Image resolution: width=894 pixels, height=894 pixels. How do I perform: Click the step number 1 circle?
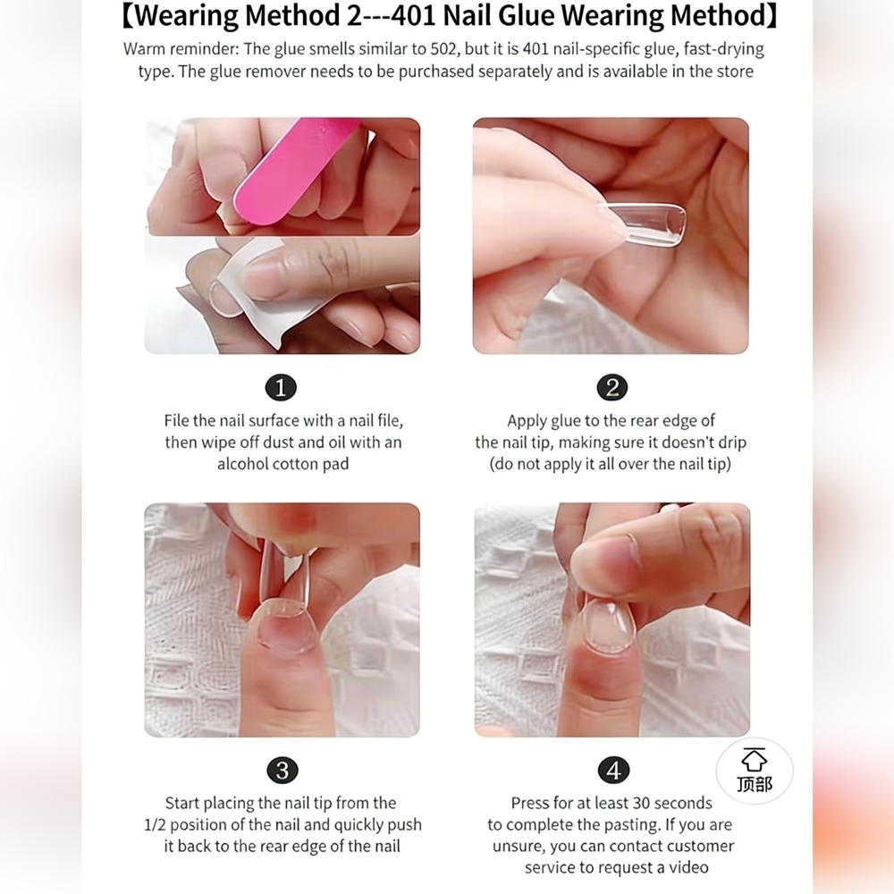click(x=281, y=387)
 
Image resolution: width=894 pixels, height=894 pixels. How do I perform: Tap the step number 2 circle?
click(x=612, y=387)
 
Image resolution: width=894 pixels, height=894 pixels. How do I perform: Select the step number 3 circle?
click(x=283, y=771)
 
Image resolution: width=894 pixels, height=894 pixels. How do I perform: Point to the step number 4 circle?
click(x=613, y=771)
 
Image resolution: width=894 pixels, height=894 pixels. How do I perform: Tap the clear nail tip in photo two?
click(x=645, y=224)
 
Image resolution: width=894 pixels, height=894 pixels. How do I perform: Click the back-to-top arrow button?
click(x=755, y=771)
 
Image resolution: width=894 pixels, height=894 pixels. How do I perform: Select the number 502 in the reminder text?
click(x=443, y=49)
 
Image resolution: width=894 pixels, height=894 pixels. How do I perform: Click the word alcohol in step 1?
click(x=243, y=464)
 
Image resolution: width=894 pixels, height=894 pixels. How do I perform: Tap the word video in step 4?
click(x=688, y=868)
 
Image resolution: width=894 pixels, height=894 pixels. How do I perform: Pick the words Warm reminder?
click(x=181, y=49)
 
